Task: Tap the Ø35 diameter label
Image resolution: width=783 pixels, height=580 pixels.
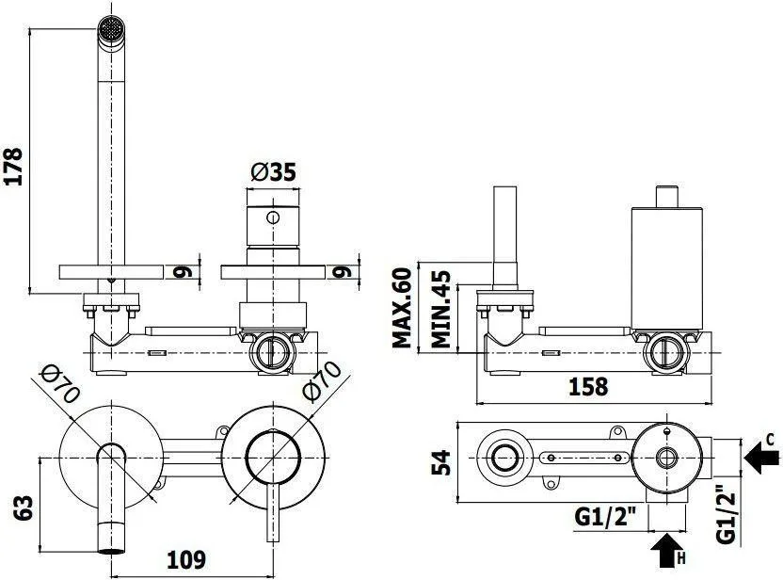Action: [x=274, y=173]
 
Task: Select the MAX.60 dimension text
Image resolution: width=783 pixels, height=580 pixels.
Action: [x=403, y=308]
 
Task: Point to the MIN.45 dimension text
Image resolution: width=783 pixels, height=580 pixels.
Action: [x=440, y=309]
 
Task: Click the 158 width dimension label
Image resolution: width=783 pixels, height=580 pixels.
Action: [x=588, y=387]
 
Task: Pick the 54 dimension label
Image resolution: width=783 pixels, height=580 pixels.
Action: [x=441, y=462]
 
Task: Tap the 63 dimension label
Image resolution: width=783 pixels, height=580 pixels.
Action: [x=23, y=508]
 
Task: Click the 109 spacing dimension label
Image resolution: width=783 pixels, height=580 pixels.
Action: [x=185, y=560]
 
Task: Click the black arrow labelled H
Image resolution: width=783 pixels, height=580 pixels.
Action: [x=667, y=551]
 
